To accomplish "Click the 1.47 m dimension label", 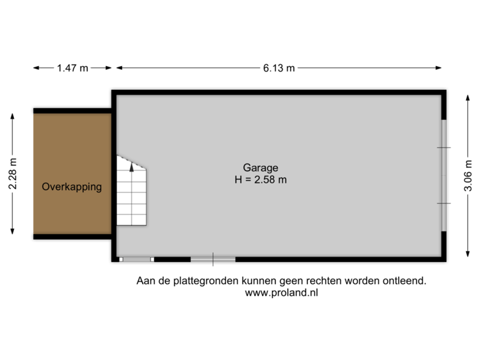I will click(x=73, y=67).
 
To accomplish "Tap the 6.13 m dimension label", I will click(x=279, y=67).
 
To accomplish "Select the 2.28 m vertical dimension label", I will click(x=13, y=173).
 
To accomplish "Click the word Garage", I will click(x=260, y=168).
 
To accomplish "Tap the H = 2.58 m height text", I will click(x=260, y=179).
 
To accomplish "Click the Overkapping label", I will click(x=72, y=187).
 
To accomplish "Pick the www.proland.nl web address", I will click(x=281, y=293).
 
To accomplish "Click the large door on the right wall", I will click(x=445, y=175).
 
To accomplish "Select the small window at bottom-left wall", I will click(x=137, y=259).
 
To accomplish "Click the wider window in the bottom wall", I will click(x=213, y=259).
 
